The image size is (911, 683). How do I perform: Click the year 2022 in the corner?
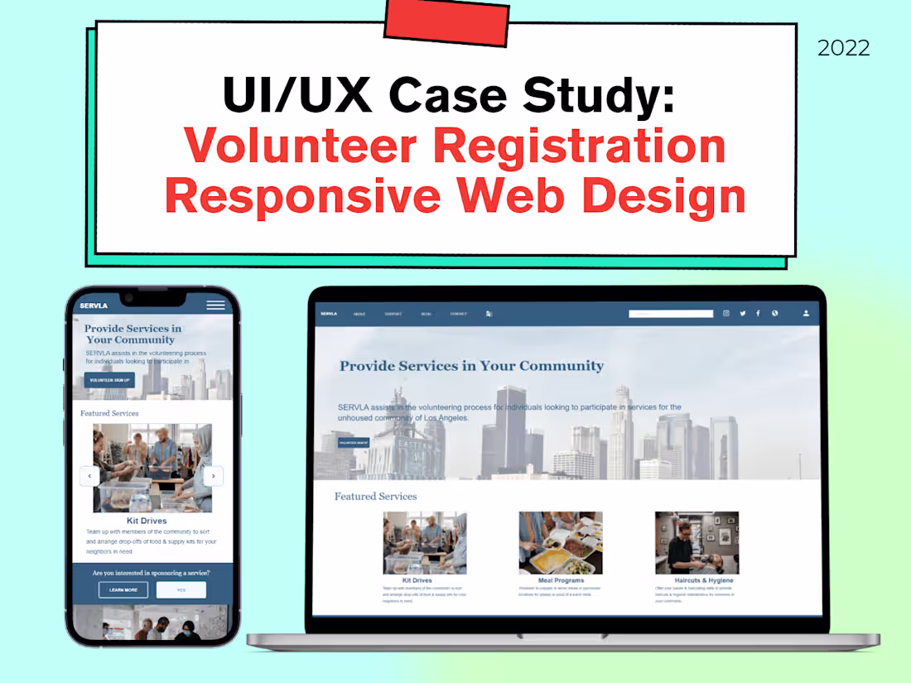[843, 48]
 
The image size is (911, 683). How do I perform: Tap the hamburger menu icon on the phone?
[215, 305]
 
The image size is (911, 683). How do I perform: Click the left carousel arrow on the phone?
[89, 476]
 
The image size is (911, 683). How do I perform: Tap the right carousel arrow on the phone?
[213, 476]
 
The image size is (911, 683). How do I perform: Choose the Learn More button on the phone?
[123, 589]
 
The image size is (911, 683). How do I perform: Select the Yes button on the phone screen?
[181, 589]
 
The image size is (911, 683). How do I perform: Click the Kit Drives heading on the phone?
[147, 521]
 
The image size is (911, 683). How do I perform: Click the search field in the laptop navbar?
[670, 314]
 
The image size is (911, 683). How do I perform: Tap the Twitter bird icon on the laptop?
[742, 314]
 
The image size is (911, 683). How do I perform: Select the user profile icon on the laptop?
[805, 314]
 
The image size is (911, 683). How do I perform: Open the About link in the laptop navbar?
[359, 314]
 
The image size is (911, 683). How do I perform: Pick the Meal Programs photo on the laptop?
[561, 542]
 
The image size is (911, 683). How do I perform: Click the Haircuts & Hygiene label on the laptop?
[704, 580]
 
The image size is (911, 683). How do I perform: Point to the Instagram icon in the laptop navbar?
[726, 314]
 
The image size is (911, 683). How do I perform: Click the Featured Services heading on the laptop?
[375, 496]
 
